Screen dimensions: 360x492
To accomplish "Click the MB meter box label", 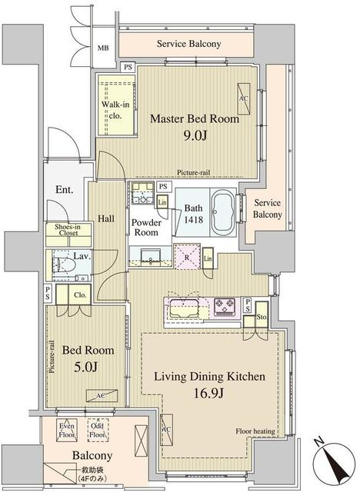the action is point(103,48).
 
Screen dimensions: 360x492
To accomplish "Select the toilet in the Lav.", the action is point(64,264).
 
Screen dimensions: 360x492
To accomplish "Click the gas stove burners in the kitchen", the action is point(225,306).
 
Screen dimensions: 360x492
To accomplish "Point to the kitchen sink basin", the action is point(184,307).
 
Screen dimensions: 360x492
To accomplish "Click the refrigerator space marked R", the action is point(187,257).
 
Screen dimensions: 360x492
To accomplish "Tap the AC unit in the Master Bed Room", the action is point(244,99).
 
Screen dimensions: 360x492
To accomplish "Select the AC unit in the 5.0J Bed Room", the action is point(102,395).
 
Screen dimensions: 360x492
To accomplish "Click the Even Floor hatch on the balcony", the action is point(67,430).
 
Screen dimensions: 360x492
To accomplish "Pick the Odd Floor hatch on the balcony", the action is point(98,430).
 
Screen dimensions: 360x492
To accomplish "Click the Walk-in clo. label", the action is point(115,110).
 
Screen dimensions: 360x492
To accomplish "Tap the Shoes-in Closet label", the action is point(68,230).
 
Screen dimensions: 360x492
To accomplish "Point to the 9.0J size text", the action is point(195,135).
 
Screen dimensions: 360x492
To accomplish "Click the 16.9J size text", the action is point(208,393).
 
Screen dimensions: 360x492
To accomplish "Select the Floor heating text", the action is point(255,431).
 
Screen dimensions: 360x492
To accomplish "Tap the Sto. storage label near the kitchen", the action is point(262,317).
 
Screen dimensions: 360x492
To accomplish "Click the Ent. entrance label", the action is point(65,190).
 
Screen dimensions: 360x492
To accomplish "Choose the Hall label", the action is point(106,218).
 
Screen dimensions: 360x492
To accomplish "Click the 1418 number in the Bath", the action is point(193,220).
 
